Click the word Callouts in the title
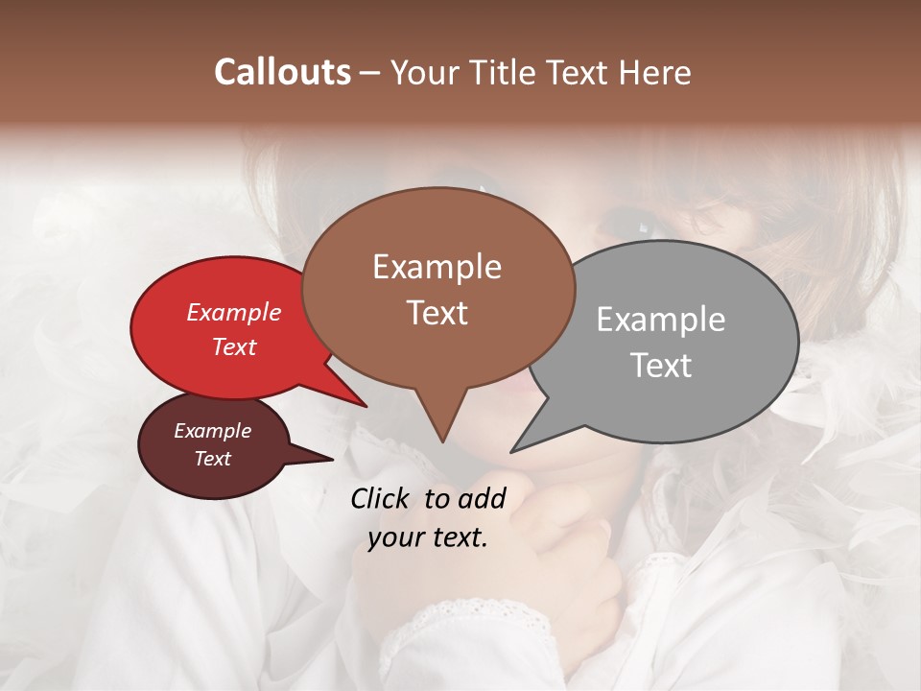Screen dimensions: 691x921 click(282, 72)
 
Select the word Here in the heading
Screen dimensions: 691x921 click(651, 72)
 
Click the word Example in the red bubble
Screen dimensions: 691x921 click(234, 312)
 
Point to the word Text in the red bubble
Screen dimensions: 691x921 click(234, 346)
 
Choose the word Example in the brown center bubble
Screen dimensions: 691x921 click(437, 267)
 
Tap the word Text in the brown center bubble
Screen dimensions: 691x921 click(437, 313)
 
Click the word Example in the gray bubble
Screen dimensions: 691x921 click(661, 320)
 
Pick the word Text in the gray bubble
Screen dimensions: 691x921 click(661, 366)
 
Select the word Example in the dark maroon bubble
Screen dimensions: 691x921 click(213, 431)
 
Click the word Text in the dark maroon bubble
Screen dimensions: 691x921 click(213, 459)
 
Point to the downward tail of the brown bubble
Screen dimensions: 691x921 click(441, 422)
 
